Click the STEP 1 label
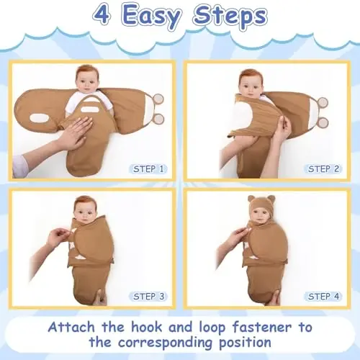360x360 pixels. point(148,169)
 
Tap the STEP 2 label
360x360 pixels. point(323,169)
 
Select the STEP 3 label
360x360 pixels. point(148,297)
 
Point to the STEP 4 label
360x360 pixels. point(323,297)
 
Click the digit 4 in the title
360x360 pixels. point(102,15)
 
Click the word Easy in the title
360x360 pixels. point(151,17)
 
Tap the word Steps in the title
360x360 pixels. point(230,17)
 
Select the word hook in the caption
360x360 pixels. point(146,327)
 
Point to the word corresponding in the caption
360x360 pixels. point(165,343)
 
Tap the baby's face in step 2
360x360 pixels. point(251,85)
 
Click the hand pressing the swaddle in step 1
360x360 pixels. point(75,133)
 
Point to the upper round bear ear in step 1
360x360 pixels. point(158,99)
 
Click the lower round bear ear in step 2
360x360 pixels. point(323,122)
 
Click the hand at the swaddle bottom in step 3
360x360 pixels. point(99,298)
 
